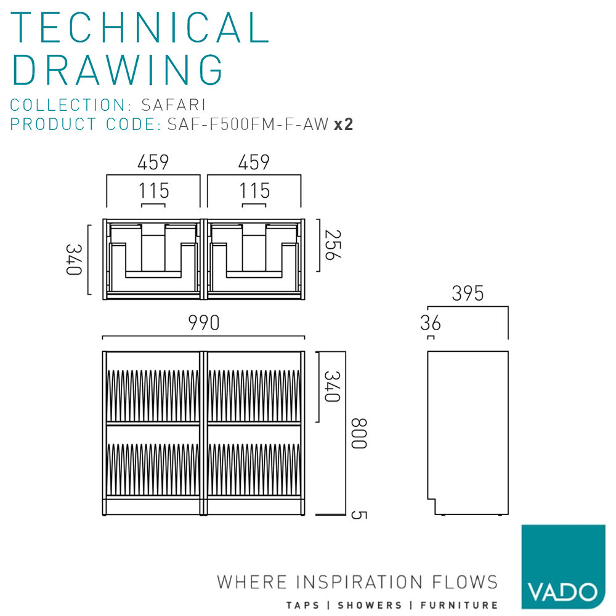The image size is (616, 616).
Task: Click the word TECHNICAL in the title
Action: point(140,28)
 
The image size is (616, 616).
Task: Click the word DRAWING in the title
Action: point(118,69)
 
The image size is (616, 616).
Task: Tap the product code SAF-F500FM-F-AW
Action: point(248,124)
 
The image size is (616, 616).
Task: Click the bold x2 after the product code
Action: point(343,124)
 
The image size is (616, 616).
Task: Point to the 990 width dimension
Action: point(204,323)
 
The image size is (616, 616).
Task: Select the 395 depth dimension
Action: point(468,294)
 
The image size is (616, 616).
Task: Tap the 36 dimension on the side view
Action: point(431,322)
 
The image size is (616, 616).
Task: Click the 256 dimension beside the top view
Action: point(333,245)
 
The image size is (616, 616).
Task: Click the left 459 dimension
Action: point(153,163)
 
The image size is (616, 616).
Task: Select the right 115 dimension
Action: point(254,191)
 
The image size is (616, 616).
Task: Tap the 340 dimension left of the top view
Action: point(75,259)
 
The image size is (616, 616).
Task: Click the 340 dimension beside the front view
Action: point(333,386)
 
